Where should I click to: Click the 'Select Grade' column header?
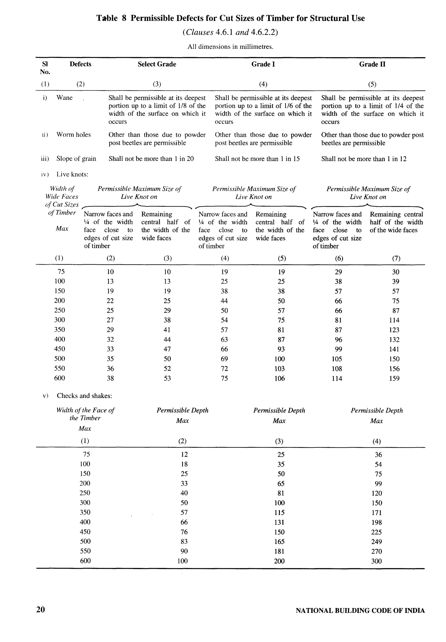157,64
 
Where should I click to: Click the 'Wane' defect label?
64,98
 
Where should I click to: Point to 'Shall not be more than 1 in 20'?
151,159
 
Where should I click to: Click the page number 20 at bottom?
41,609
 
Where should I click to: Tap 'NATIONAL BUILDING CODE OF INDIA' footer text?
360,610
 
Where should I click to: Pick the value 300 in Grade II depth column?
376,561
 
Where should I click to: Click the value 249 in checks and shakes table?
376,541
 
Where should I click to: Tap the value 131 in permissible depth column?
279,522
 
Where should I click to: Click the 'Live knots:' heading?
72,174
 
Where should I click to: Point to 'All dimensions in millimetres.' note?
230,47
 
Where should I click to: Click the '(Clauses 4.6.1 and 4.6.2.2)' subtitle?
230,32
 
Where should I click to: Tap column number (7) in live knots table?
396,258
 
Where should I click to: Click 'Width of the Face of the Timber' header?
85,414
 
